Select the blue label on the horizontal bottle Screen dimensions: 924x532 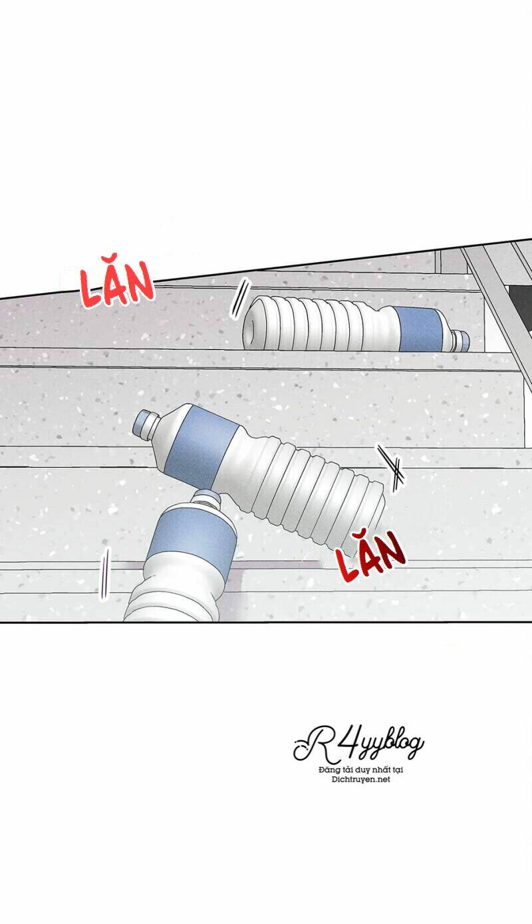418,328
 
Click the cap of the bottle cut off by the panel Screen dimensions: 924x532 207,498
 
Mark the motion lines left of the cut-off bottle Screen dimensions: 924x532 103,575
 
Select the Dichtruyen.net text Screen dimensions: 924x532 360,780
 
